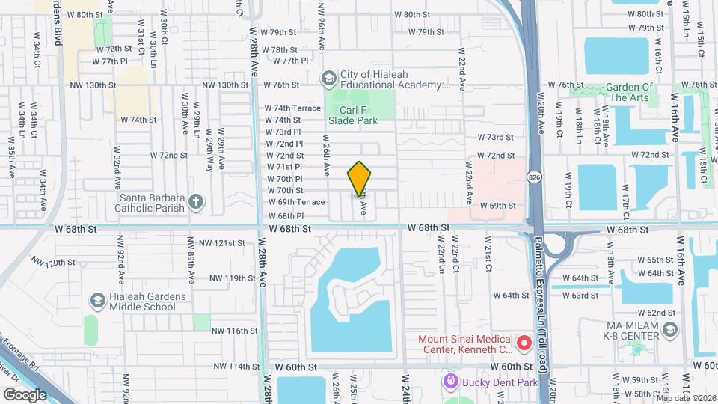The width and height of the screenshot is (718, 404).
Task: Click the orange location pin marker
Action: click(x=360, y=178)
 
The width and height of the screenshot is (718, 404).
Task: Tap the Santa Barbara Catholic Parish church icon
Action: click(x=196, y=201)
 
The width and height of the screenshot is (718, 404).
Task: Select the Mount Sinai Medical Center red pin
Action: click(x=524, y=343)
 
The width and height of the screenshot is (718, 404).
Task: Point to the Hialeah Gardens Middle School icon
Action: click(x=96, y=301)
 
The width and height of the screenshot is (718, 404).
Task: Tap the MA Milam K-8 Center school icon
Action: click(x=669, y=329)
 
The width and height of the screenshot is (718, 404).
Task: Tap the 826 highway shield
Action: click(x=532, y=177)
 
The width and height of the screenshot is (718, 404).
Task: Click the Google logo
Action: click(x=25, y=394)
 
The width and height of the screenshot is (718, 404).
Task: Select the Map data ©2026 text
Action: click(x=686, y=398)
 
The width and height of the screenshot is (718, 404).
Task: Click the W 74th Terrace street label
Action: click(x=292, y=108)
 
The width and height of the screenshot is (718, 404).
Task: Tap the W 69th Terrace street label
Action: click(x=296, y=202)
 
